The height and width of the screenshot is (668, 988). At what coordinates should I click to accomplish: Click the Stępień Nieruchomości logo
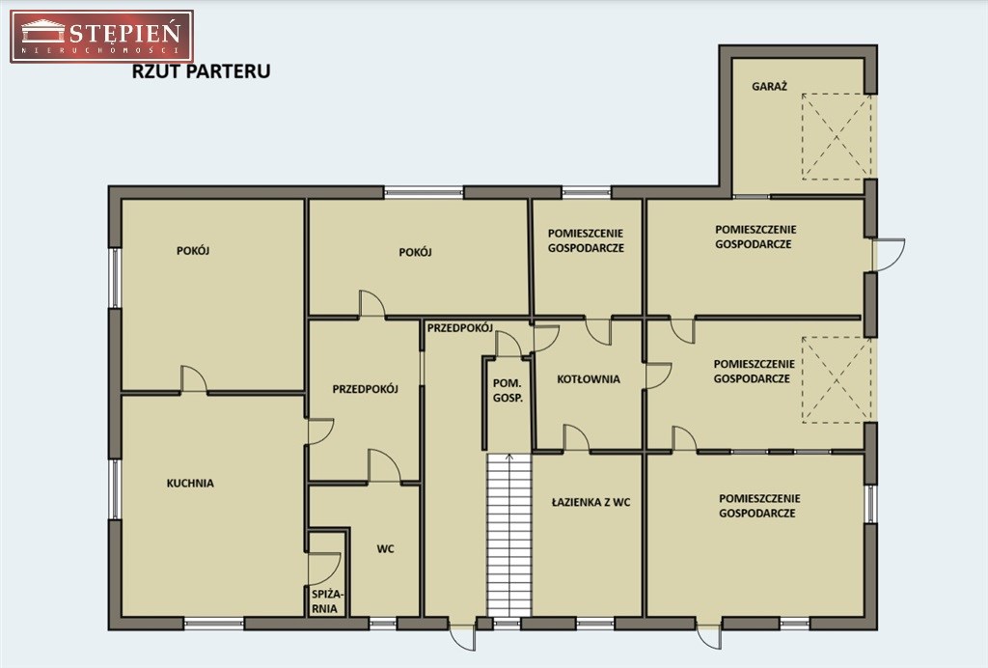(x=101, y=36)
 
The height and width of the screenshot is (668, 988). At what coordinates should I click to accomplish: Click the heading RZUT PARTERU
(x=201, y=71)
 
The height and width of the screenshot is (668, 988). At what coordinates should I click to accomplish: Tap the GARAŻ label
(x=769, y=87)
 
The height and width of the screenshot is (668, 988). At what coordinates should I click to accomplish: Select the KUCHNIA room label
(x=190, y=484)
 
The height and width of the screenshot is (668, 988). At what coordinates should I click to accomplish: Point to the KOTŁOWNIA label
(x=589, y=379)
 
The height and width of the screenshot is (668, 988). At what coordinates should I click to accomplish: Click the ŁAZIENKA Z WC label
(x=591, y=502)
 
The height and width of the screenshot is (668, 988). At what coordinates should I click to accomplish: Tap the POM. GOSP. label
(x=508, y=391)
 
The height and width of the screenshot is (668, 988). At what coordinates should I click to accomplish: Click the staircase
(x=509, y=535)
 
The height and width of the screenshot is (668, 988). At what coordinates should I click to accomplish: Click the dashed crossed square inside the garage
(x=837, y=135)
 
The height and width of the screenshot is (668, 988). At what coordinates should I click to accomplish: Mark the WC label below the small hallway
(x=386, y=549)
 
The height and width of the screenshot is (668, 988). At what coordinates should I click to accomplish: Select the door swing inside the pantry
(x=324, y=569)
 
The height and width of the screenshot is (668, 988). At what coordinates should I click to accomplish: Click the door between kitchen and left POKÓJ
(x=194, y=379)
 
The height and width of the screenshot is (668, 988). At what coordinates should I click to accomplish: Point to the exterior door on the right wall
(x=889, y=255)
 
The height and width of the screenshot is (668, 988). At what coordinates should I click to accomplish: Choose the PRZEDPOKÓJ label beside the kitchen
(x=366, y=389)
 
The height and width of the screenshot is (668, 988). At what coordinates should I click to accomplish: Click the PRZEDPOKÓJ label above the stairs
(x=460, y=327)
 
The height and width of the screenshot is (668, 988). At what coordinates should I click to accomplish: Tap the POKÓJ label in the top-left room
(x=193, y=250)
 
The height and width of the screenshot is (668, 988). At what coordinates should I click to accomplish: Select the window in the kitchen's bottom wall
(x=214, y=624)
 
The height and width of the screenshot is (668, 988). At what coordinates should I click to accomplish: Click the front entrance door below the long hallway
(x=463, y=635)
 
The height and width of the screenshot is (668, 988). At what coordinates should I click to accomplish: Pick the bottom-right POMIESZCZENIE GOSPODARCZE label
(x=759, y=506)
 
